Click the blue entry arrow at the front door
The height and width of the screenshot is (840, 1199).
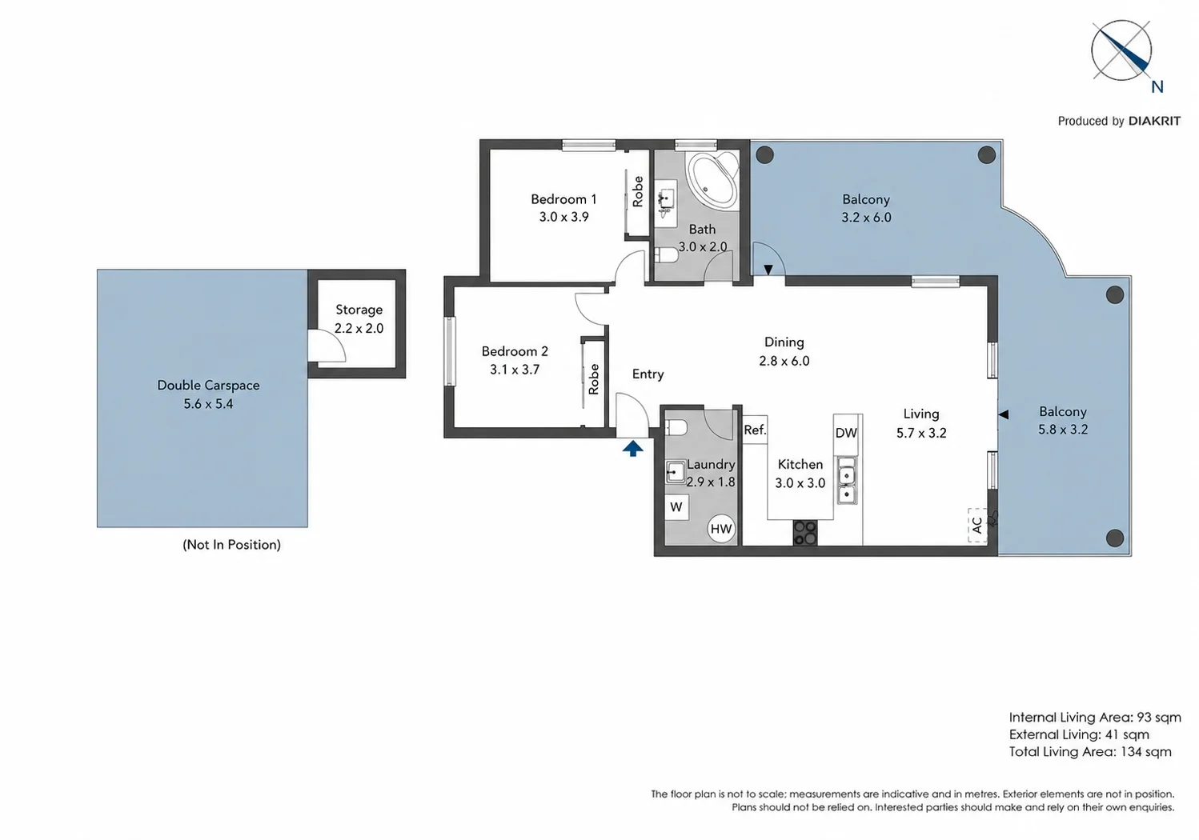[632, 448]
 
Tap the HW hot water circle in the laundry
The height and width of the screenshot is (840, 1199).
[721, 529]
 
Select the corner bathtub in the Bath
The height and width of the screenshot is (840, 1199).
[713, 179]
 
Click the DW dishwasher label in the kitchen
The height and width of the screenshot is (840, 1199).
[846, 433]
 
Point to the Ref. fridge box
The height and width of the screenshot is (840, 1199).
[755, 430]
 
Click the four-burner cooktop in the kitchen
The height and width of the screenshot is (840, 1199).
[805, 533]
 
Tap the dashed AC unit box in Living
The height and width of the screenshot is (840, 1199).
[977, 526]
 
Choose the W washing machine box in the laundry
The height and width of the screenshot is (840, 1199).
[676, 507]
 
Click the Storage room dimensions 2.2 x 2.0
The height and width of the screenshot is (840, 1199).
[359, 328]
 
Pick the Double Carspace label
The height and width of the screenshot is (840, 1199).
[208, 386]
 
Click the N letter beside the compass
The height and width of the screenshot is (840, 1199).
[1157, 86]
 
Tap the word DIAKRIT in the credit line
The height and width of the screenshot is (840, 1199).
[1154, 121]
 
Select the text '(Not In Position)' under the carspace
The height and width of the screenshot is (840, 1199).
[232, 545]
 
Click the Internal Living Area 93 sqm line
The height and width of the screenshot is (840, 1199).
[1095, 718]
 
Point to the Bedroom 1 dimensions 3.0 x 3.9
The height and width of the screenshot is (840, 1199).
[563, 217]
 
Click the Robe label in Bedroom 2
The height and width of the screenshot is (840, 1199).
[593, 379]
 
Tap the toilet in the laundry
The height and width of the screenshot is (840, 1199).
[676, 427]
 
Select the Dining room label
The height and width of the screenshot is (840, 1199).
[784, 342]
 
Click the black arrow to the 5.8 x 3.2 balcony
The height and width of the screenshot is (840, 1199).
[1004, 414]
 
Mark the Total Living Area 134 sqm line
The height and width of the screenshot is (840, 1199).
[1090, 752]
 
